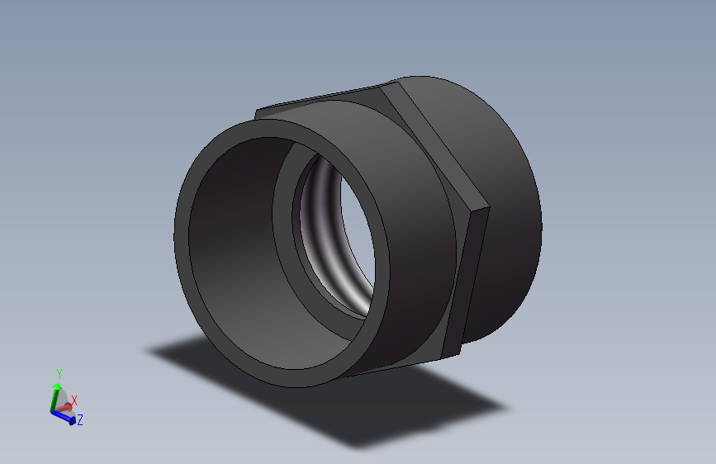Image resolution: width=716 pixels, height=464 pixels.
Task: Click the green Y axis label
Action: click(59, 374)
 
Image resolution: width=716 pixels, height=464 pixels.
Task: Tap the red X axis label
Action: click(74, 400)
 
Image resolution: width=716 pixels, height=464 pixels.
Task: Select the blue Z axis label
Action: click(80, 420)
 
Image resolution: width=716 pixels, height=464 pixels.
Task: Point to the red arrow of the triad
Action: click(66, 408)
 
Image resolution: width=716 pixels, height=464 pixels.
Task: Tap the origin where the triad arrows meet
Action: click(53, 410)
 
